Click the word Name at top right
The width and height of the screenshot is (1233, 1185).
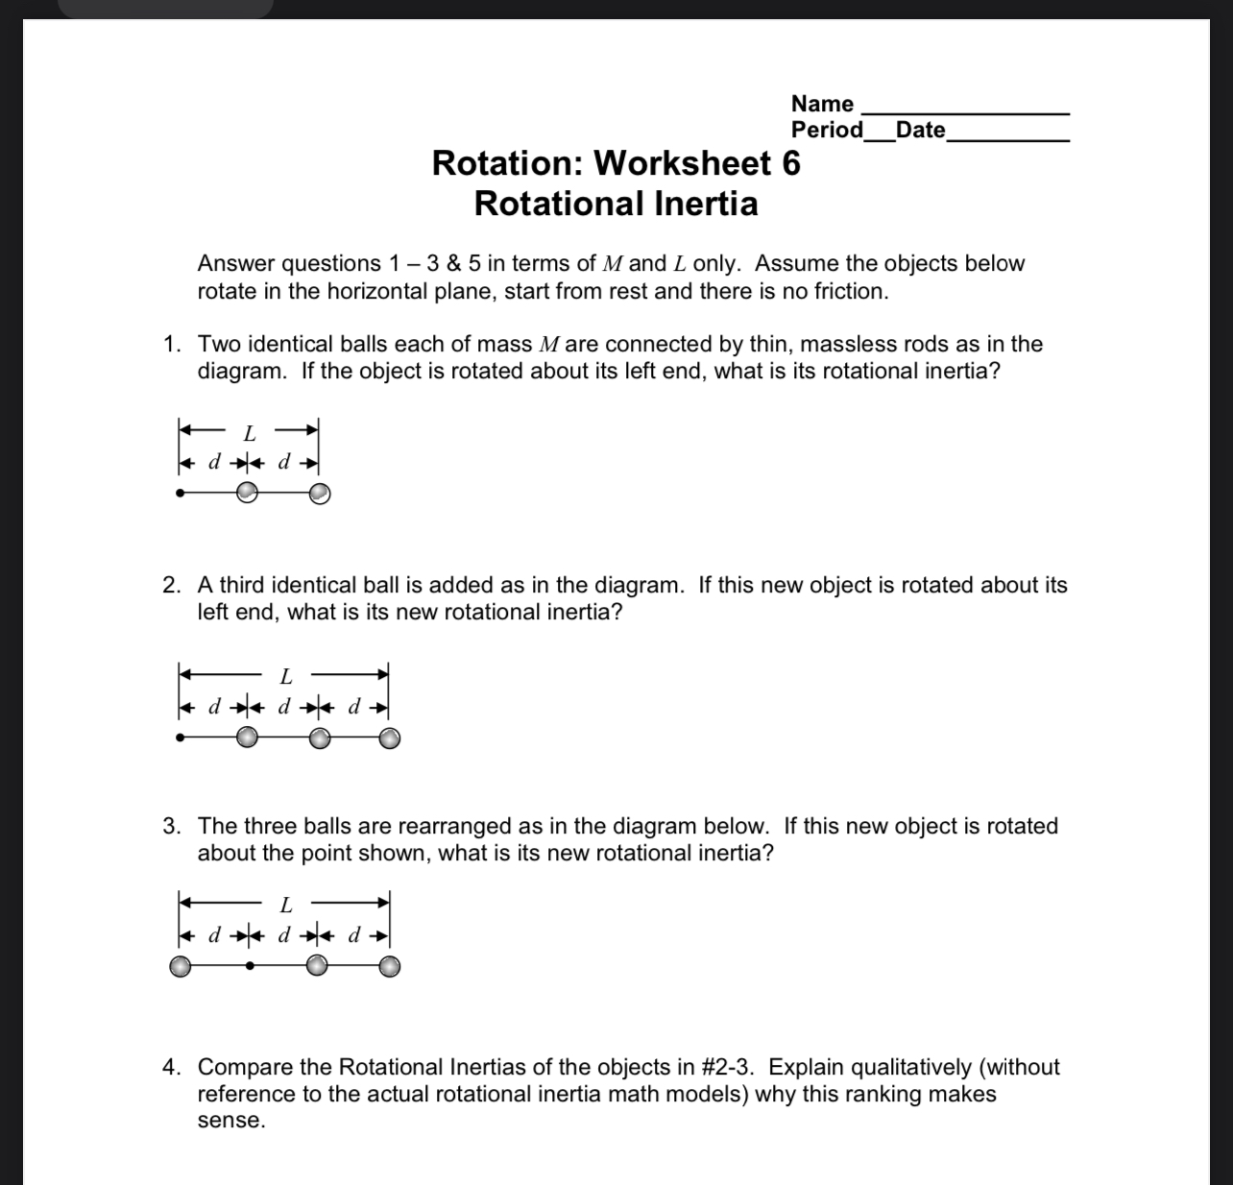[x=822, y=104]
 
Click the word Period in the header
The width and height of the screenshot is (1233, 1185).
[x=827, y=130]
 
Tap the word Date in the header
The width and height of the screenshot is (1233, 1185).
[x=920, y=130]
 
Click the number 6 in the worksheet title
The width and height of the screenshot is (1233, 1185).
[x=790, y=163]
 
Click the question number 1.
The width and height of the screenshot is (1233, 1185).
[x=171, y=344]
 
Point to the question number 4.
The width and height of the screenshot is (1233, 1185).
[x=171, y=1067]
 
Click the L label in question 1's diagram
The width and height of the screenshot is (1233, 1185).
[x=249, y=433]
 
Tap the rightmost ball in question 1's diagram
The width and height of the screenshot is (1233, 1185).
[x=320, y=494]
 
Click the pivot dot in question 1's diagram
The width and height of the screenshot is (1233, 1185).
[x=181, y=494]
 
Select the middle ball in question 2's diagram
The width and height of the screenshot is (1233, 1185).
[x=320, y=738]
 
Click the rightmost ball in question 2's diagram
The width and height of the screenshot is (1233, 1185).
[x=389, y=738]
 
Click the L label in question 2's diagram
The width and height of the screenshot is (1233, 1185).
[x=286, y=677]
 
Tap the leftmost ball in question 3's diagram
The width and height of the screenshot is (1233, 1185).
[x=180, y=966]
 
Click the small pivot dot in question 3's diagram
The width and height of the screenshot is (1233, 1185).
[x=250, y=966]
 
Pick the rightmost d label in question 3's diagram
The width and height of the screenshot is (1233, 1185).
[x=353, y=934]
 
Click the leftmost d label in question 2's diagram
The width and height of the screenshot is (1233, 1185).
[x=215, y=708]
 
